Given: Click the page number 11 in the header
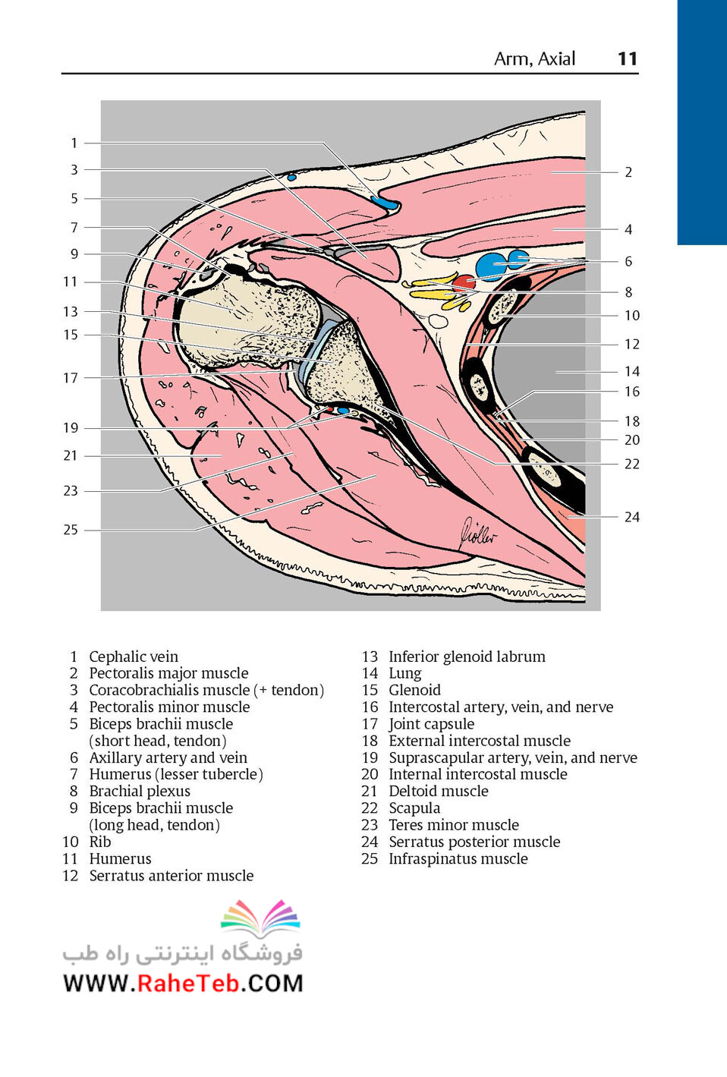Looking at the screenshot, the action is (x=628, y=58).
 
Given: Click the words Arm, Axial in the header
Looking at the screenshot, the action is (x=535, y=59).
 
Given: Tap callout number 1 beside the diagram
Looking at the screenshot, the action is (x=74, y=143).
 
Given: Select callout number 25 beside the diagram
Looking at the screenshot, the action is (x=71, y=529).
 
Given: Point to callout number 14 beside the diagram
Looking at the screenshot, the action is (x=632, y=371).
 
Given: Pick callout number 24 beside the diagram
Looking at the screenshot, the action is (x=632, y=517).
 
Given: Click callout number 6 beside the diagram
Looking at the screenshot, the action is (x=628, y=261).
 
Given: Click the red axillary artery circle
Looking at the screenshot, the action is (x=464, y=283).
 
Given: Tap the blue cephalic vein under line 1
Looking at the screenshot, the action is (x=385, y=203).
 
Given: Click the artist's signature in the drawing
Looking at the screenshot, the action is (x=478, y=534).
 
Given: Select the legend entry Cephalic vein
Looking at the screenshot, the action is (x=134, y=657).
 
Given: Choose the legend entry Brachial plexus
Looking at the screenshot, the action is (x=140, y=791).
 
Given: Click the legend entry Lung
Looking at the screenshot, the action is (x=404, y=674).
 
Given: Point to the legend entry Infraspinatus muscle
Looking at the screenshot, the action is (x=458, y=858).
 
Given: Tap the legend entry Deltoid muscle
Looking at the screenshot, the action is (x=439, y=791).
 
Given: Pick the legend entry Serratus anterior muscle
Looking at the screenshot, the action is (x=172, y=876).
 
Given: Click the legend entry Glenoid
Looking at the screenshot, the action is (x=414, y=690).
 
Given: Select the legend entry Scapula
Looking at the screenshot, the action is (x=414, y=808).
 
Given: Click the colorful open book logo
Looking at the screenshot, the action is (x=260, y=919).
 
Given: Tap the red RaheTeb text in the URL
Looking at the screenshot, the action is (x=188, y=984).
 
